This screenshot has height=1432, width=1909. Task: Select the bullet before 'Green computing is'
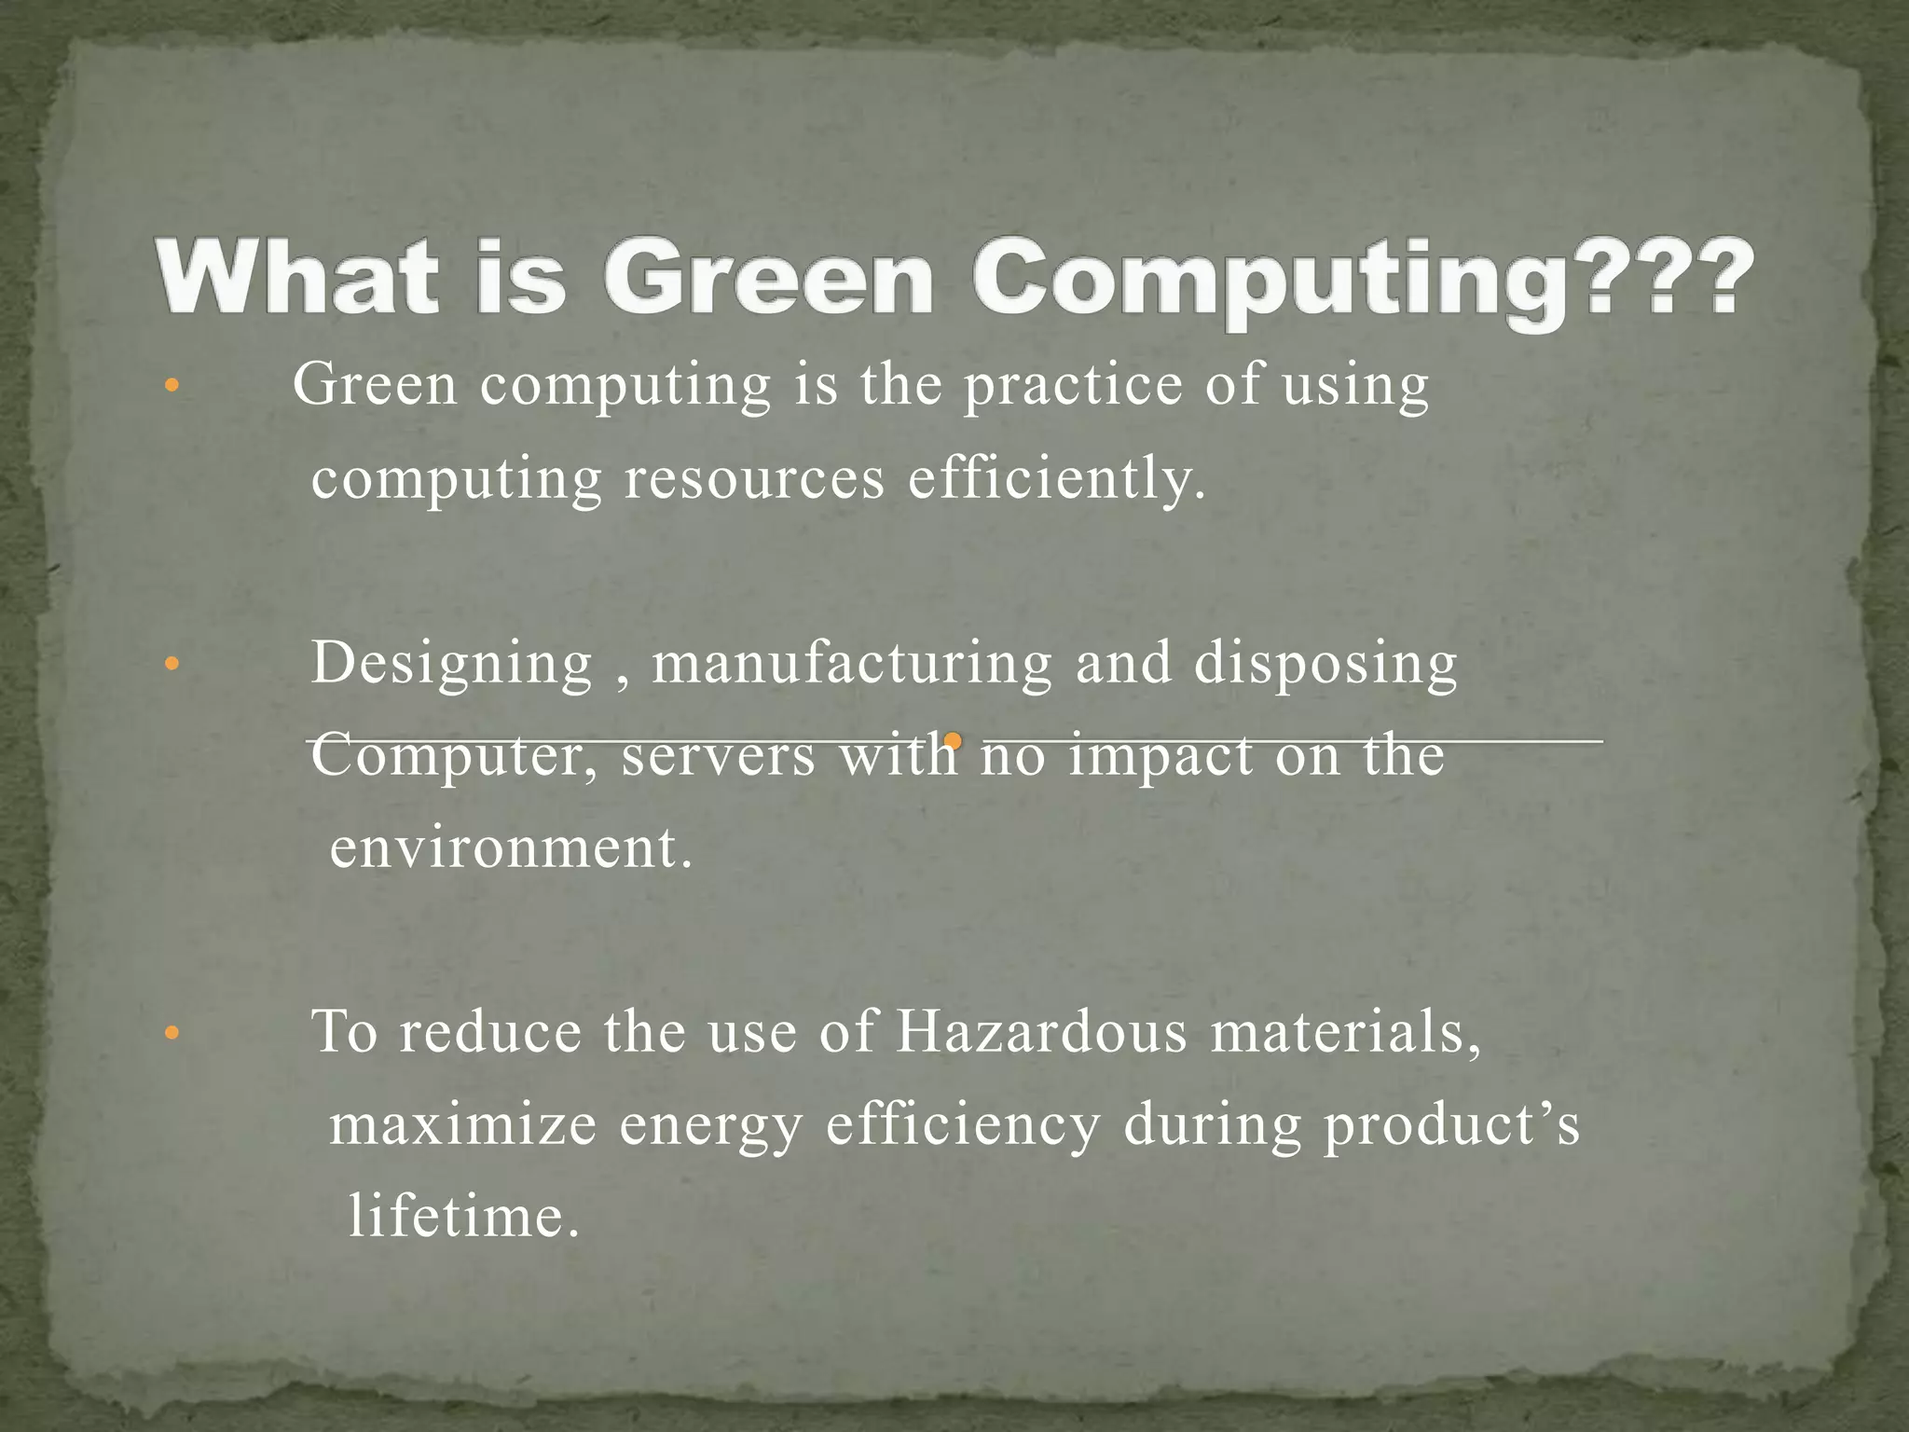(x=170, y=386)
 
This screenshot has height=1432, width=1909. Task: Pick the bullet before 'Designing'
(x=170, y=665)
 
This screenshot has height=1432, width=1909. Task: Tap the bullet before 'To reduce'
(x=170, y=1033)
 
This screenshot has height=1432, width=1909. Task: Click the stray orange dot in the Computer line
(x=952, y=741)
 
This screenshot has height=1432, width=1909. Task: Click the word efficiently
(x=1057, y=479)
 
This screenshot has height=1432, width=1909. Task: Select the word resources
(x=754, y=479)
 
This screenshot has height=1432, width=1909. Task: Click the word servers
(x=718, y=755)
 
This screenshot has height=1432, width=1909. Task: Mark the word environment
(x=512, y=848)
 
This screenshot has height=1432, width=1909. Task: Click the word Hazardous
(x=1041, y=1032)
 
